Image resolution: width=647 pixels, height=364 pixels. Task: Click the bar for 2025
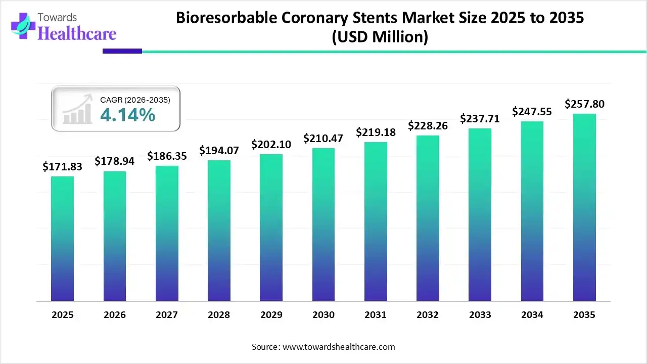[62, 239]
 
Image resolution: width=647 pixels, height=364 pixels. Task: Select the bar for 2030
[323, 224]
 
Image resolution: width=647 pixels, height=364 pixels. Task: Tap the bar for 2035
[584, 207]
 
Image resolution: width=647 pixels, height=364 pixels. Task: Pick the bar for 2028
[219, 231]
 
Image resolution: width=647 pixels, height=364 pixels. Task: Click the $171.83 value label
[62, 166]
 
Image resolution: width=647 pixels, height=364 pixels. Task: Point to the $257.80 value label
[584, 104]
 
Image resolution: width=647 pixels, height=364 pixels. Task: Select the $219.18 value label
[376, 132]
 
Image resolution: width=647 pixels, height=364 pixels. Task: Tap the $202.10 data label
[271, 144]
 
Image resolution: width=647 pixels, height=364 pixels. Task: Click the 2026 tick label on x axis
[115, 315]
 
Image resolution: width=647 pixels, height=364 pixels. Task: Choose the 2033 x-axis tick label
[480, 315]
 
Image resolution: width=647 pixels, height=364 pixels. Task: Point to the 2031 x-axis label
[376, 315]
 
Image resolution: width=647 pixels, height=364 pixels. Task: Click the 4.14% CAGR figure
[127, 115]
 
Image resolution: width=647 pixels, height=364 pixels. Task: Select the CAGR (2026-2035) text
[135, 100]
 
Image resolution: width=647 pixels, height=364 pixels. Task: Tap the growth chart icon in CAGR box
[77, 109]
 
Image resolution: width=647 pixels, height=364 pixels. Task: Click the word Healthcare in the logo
[77, 33]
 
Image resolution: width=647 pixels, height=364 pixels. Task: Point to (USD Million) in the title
[380, 37]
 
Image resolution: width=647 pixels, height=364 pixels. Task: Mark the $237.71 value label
[480, 119]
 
